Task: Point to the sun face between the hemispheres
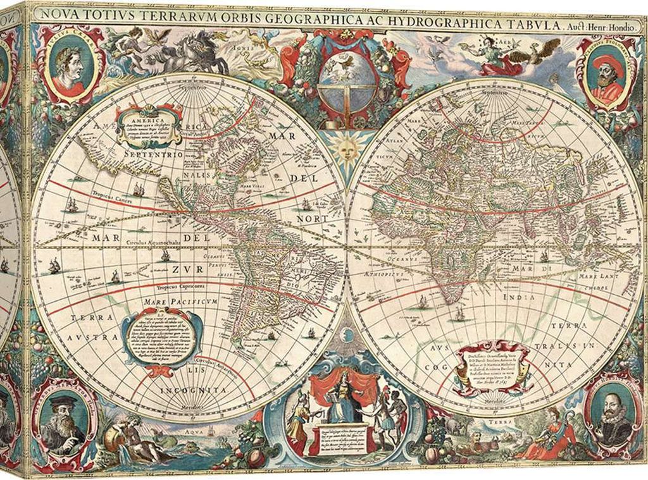(345, 151)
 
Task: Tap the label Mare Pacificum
(180, 302)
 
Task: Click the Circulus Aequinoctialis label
(151, 243)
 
